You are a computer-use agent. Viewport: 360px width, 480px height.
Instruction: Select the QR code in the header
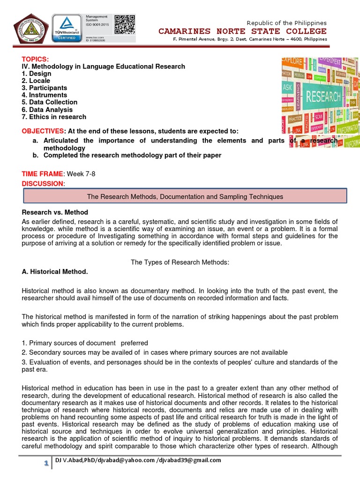pyautogui.click(x=124, y=24)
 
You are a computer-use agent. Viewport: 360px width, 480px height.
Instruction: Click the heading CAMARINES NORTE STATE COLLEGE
pyautogui.click(x=242, y=31)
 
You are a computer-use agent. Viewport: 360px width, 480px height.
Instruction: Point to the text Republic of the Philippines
pyautogui.click(x=286, y=23)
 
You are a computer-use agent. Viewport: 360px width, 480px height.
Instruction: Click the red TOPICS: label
pyautogui.click(x=35, y=59)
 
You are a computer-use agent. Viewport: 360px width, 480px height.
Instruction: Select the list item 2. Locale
pyautogui.click(x=36, y=81)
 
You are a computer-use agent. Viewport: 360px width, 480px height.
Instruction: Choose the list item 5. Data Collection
pyautogui.click(x=50, y=102)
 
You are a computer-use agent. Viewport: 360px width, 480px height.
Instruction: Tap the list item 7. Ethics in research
pyautogui.click(x=54, y=117)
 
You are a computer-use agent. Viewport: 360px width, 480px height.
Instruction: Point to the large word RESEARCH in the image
pyautogui.click(x=323, y=97)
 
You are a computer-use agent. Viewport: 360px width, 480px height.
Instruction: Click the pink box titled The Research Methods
pyautogui.click(x=185, y=196)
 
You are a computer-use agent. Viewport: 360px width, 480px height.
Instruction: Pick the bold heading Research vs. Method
pyautogui.click(x=55, y=212)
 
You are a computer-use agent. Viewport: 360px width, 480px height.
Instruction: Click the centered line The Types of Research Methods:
pyautogui.click(x=180, y=262)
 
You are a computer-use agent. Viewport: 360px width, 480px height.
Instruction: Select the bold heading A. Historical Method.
pyautogui.click(x=55, y=271)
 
